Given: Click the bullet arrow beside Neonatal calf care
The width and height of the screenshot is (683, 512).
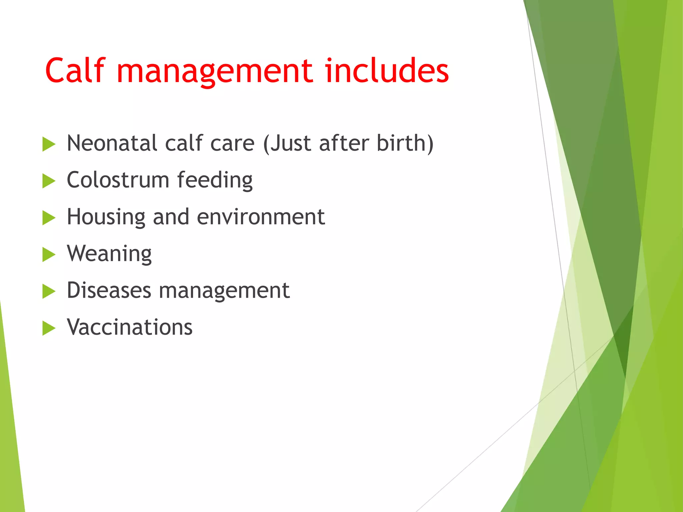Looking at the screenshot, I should coord(49,145).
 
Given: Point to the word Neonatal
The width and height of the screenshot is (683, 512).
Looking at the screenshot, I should coord(112,143).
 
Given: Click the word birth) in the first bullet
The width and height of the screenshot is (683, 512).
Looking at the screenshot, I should coord(405,143).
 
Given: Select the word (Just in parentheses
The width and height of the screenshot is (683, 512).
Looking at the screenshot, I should coord(288,143).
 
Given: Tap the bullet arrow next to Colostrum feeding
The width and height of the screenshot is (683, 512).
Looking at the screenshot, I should coord(49,181).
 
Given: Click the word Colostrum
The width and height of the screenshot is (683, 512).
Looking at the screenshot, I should coord(118,180).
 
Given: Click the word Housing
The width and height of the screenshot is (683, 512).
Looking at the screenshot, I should coord(106,217).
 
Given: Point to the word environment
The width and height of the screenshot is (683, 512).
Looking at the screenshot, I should coord(261,217).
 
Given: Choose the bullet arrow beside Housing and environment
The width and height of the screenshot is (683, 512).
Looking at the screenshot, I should coord(49,218).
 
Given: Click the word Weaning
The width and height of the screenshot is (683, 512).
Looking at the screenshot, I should coord(109,254).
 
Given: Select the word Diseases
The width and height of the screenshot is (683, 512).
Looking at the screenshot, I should coord(109,290).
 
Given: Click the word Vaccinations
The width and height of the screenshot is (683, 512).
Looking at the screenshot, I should coord(129,327).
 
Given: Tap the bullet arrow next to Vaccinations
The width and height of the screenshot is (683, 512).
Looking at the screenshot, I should coord(49,329).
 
